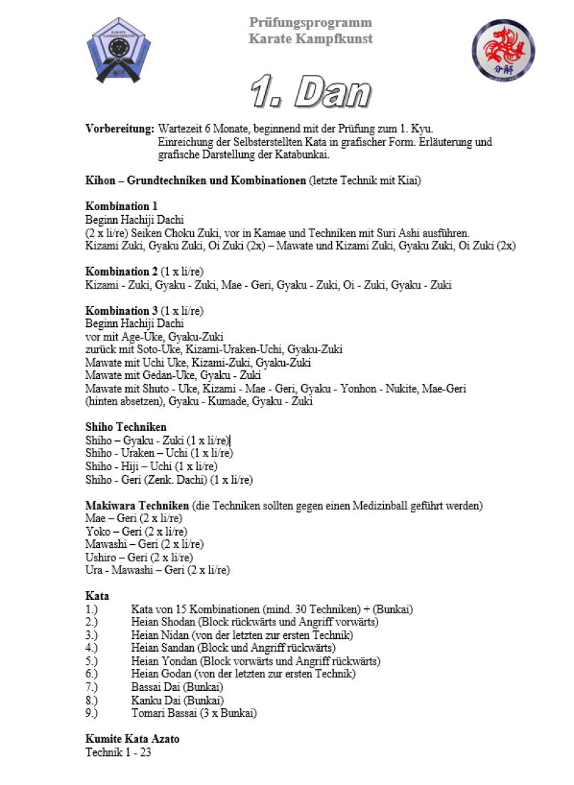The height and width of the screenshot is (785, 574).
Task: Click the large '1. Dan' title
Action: point(311,93)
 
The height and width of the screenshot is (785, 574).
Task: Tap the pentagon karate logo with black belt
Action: point(119,51)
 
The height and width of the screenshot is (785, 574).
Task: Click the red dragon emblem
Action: point(503,50)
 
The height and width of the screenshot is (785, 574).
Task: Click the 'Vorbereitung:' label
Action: point(120,129)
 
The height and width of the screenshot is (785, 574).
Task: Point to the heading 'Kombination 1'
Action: point(122,207)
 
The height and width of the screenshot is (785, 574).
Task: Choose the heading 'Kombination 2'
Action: point(122,271)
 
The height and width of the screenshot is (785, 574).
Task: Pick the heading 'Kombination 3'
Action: point(122,311)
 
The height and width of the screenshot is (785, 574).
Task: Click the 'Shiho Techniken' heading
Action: point(126,427)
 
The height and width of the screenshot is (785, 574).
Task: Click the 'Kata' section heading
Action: point(97,596)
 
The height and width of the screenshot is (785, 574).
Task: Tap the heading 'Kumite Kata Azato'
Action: point(132,739)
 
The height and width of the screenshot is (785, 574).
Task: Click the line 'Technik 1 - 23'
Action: point(118,752)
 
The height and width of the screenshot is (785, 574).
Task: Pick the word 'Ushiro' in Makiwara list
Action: point(100,557)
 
